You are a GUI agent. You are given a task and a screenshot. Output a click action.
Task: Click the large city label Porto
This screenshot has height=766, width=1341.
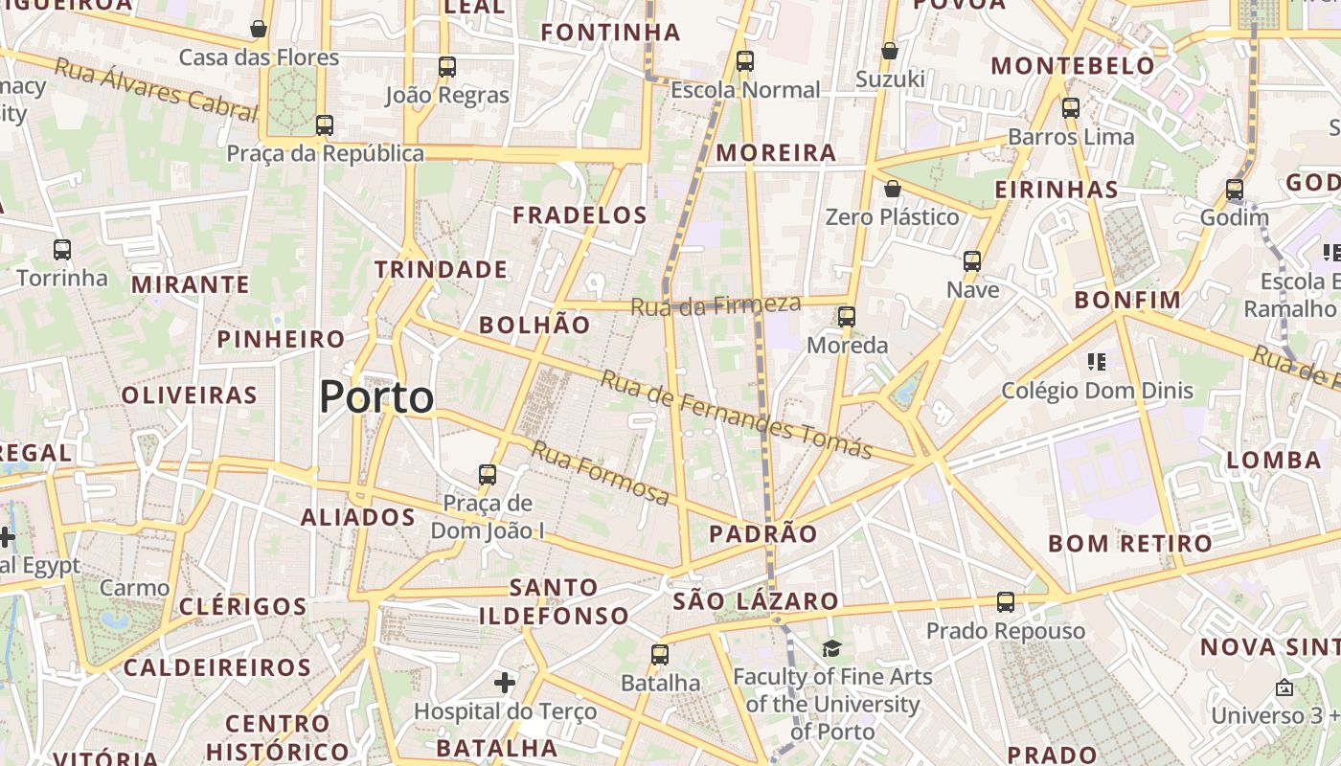click(376, 396)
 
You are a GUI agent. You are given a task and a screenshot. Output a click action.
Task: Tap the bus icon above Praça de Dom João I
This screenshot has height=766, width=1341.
click(488, 474)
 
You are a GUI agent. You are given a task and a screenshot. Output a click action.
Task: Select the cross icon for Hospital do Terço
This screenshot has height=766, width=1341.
click(505, 683)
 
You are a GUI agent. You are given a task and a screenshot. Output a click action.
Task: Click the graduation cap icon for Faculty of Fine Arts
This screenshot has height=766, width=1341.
click(831, 649)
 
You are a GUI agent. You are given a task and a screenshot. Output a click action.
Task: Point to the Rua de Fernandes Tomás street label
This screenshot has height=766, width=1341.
click(736, 415)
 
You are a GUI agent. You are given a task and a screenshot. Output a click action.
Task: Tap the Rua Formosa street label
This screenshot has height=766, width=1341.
click(601, 473)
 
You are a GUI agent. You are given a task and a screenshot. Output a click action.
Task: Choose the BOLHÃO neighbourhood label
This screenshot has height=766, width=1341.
click(534, 325)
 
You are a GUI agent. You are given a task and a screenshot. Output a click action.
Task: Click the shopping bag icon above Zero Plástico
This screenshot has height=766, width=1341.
click(893, 189)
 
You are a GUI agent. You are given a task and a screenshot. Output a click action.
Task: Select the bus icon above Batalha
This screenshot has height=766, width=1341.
click(660, 655)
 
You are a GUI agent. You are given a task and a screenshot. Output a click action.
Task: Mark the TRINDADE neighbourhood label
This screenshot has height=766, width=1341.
click(441, 269)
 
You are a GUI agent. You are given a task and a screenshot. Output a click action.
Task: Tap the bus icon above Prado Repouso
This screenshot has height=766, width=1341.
click(1005, 602)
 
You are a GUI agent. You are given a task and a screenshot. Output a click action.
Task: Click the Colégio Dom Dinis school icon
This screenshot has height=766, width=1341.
click(1097, 362)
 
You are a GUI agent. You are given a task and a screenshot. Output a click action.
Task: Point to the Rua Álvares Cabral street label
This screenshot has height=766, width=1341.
click(156, 90)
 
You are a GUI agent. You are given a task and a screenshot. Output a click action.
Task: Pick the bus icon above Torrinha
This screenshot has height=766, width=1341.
click(62, 250)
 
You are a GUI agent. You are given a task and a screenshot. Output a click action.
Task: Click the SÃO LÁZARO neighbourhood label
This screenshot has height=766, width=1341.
click(756, 601)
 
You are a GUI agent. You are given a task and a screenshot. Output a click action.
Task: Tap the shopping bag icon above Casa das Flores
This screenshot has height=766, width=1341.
click(259, 29)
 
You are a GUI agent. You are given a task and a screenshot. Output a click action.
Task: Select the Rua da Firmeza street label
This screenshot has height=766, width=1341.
click(715, 305)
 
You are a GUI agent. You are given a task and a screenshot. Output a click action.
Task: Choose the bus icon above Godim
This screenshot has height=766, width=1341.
click(1235, 190)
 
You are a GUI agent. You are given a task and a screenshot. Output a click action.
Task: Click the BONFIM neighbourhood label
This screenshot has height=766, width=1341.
click(1127, 300)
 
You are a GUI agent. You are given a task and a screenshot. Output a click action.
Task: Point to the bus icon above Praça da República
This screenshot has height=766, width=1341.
click(325, 125)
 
